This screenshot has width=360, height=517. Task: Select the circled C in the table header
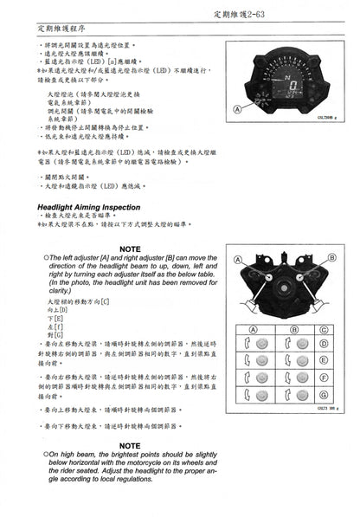coord(322,330)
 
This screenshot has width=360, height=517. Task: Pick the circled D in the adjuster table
coord(322,344)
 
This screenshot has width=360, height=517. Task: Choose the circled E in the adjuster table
coord(322,359)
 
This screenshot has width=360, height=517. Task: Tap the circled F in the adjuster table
coord(322,377)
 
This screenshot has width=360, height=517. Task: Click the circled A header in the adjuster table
coord(252,330)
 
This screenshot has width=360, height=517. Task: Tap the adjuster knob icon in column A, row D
coord(252,344)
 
